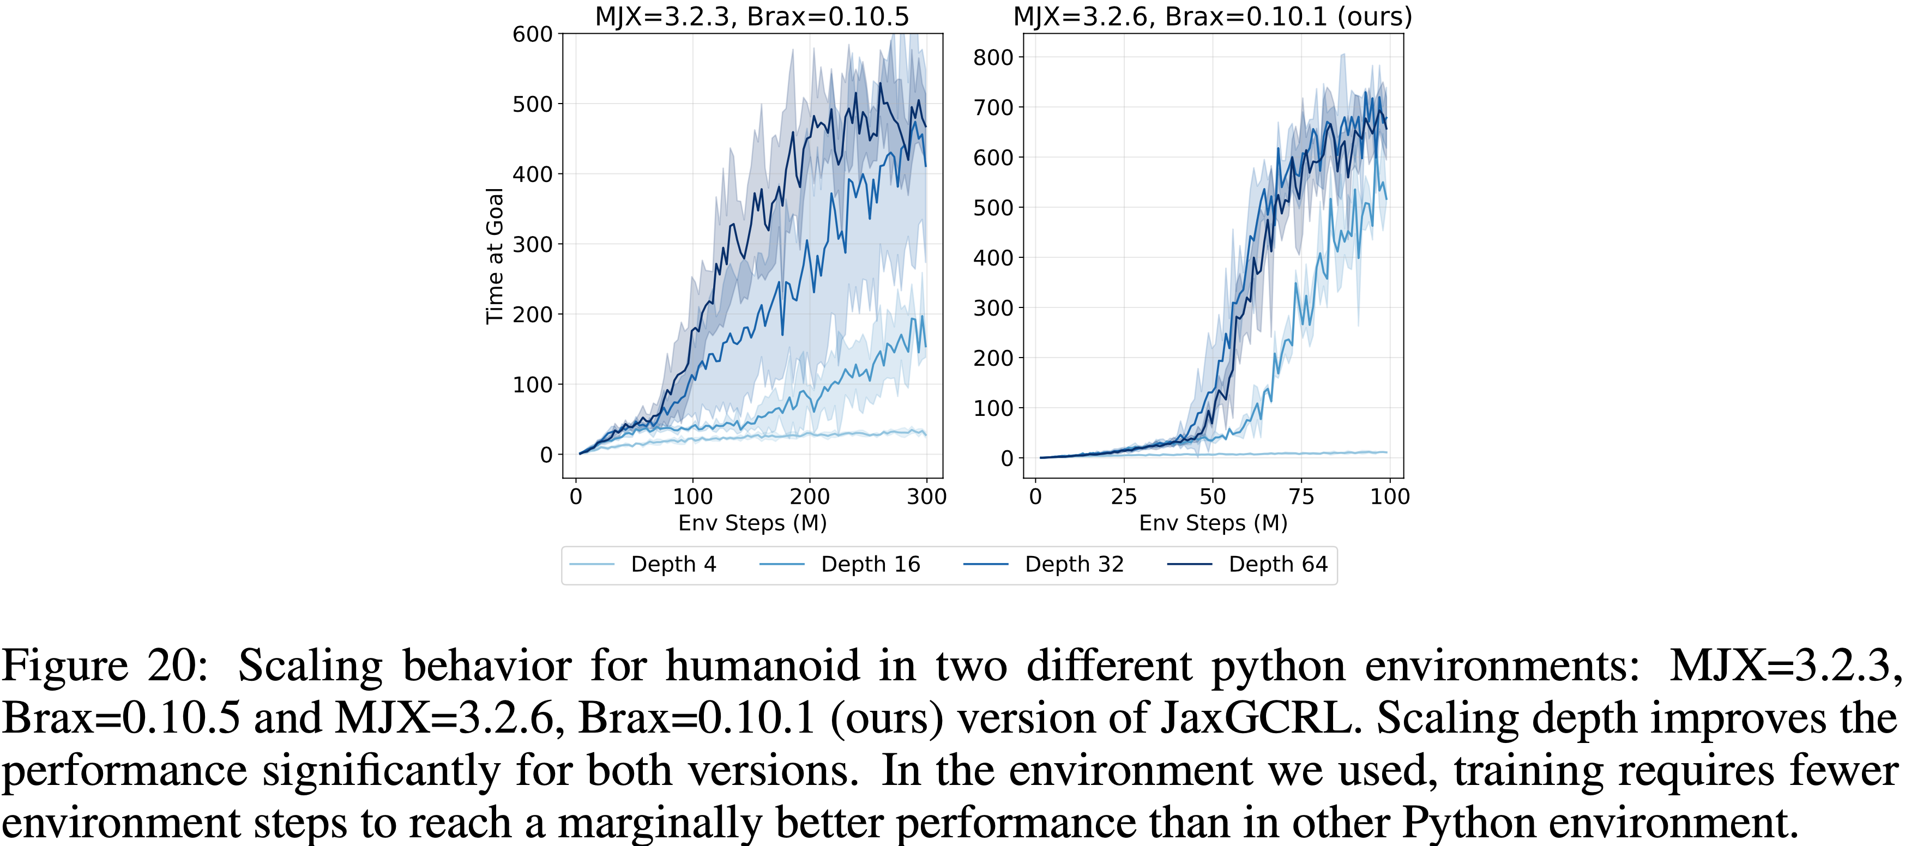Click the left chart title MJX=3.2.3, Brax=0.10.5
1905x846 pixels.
751,16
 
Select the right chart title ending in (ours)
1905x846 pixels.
1212,16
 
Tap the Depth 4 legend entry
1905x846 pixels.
672,564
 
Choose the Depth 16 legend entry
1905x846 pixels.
870,564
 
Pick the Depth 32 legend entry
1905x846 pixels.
1074,564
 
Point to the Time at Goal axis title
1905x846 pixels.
494,255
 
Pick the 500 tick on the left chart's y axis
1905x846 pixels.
533,104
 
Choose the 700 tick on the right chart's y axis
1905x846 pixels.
993,107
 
